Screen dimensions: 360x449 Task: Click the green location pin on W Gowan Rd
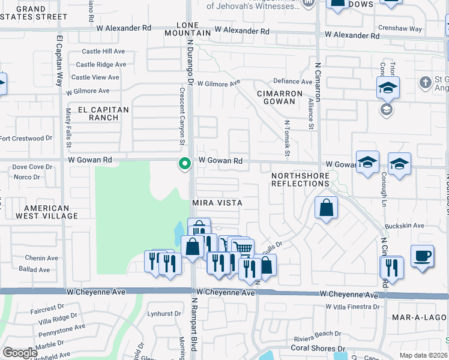tap(185, 163)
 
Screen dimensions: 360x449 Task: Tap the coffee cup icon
tap(422, 256)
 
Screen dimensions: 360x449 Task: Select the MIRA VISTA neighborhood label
tap(217, 203)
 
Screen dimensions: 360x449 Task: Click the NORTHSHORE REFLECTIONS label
tap(300, 179)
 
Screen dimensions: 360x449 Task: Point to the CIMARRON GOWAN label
tap(277, 98)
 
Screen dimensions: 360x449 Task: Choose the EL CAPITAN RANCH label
tap(103, 113)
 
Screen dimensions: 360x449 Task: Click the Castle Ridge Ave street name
tap(101, 65)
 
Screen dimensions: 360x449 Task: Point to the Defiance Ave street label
tap(293, 82)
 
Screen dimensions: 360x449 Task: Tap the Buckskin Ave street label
tap(407, 226)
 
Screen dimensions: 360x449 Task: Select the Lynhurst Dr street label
tap(164, 313)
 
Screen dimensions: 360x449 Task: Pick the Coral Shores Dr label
tap(318, 348)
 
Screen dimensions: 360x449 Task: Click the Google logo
tap(20, 353)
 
